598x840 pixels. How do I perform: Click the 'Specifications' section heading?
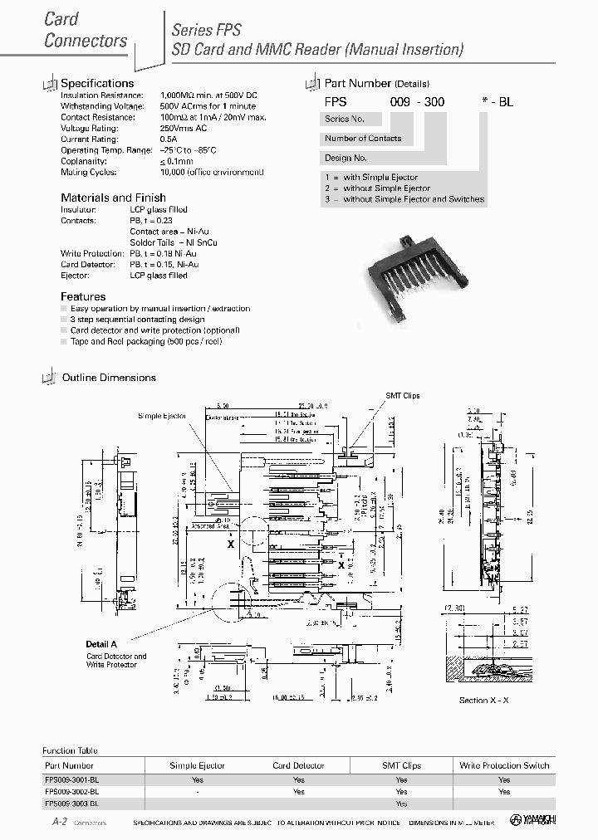coord(97,83)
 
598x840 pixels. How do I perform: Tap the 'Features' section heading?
coord(83,296)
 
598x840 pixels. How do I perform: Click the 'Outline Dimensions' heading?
coord(109,378)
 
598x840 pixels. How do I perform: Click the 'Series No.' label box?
coord(345,119)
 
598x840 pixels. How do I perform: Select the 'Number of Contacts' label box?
coord(363,139)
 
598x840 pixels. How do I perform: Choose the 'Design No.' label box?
coord(346,158)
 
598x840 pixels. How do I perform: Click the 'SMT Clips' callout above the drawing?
coord(403,396)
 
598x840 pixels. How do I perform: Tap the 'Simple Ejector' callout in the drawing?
coord(163,415)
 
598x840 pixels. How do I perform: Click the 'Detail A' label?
coord(101,644)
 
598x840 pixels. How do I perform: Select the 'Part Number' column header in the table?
coord(69,765)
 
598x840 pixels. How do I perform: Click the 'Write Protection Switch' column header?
coord(504,765)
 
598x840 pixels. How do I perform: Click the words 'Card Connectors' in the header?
coord(85,29)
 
